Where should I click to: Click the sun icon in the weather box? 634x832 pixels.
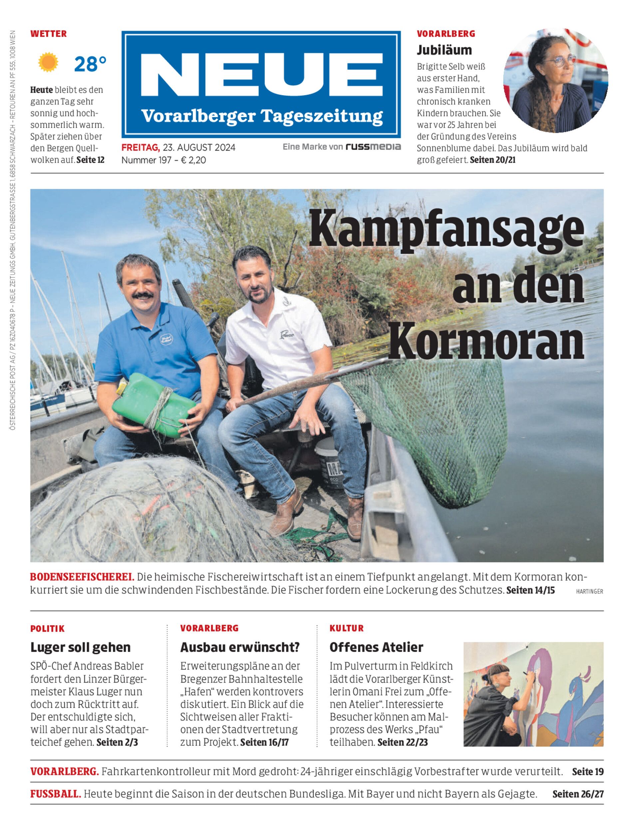tap(48, 63)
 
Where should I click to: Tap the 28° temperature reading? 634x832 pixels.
tap(90, 64)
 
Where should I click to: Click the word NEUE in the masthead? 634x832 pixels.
tap(261, 76)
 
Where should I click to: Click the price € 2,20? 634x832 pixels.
tap(193, 160)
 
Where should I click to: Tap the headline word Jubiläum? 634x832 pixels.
tap(444, 50)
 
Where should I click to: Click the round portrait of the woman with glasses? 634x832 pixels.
tap(555, 80)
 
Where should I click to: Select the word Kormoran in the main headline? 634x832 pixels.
tap(486, 342)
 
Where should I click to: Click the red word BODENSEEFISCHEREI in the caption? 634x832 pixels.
tap(82, 577)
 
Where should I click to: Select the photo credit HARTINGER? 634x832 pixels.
tap(589, 591)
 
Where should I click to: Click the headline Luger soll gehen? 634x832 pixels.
tap(80, 647)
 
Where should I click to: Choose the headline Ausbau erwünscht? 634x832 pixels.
tap(240, 647)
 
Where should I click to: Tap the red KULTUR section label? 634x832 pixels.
tap(346, 628)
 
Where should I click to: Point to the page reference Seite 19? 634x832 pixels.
tap(588, 772)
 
